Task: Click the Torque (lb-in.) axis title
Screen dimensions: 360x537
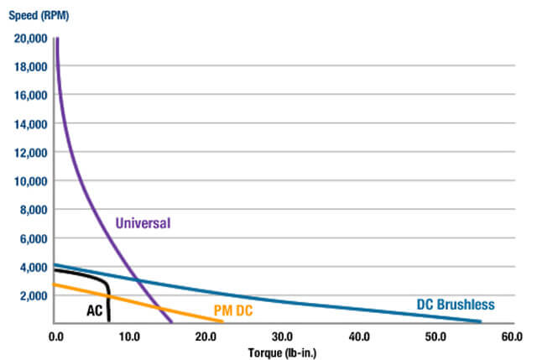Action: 281,352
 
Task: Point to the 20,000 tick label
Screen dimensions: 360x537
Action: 31,38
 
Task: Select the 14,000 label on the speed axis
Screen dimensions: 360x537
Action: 31,123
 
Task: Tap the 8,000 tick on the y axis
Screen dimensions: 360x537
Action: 34,210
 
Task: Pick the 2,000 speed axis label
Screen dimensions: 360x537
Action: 34,295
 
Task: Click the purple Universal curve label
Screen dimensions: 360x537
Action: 143,223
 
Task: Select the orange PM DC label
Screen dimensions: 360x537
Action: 232,310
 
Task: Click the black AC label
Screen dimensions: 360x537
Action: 95,310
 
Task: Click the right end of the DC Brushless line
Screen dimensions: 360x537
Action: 482,321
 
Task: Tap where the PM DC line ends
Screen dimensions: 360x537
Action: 223,321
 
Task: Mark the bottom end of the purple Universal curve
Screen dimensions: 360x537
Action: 171,322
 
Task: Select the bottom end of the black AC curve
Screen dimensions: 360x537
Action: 109,321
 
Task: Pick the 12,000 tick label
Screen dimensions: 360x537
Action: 31,152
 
